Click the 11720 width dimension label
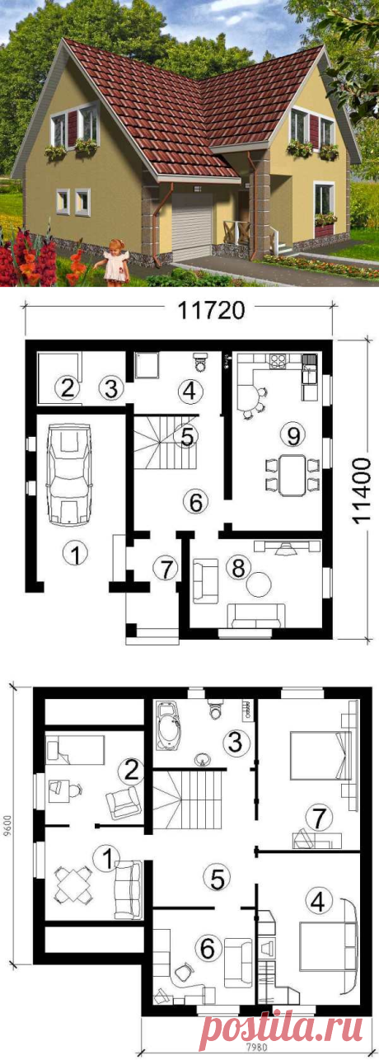(x=211, y=311)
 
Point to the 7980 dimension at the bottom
(x=257, y=1055)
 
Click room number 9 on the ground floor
(x=293, y=435)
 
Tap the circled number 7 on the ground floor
(x=166, y=570)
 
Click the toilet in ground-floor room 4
(x=200, y=361)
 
